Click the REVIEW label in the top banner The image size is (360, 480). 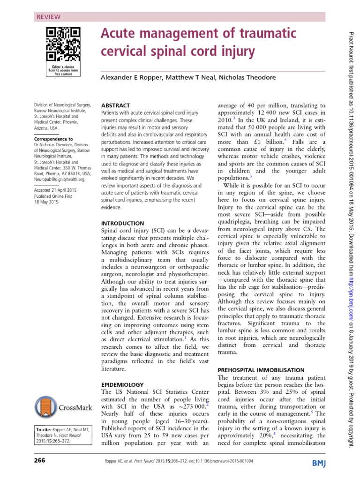[x=48, y=17]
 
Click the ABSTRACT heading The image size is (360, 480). [x=116, y=105]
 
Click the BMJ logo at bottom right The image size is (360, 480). [x=322, y=464]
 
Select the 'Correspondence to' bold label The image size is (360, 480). [x=53, y=139]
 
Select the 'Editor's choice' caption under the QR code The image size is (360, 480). [x=63, y=67]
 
